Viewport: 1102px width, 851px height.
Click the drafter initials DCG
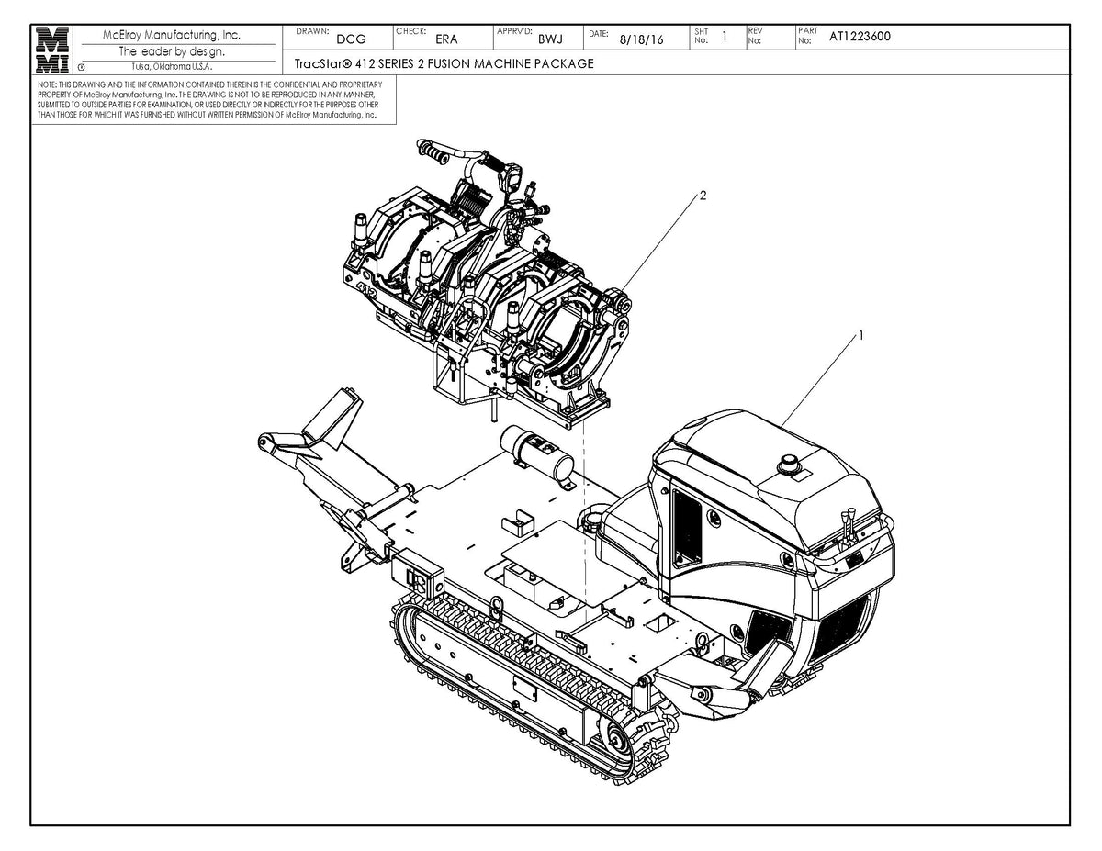click(x=351, y=39)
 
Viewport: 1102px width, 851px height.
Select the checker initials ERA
click(x=446, y=39)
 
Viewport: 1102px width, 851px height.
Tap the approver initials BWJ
click(x=549, y=39)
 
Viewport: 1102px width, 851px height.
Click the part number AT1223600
click(x=860, y=37)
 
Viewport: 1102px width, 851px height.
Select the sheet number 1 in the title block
click(x=725, y=36)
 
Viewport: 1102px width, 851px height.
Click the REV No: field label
click(x=755, y=37)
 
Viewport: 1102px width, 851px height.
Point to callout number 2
click(x=703, y=196)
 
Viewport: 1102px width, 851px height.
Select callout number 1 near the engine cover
click(x=860, y=336)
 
